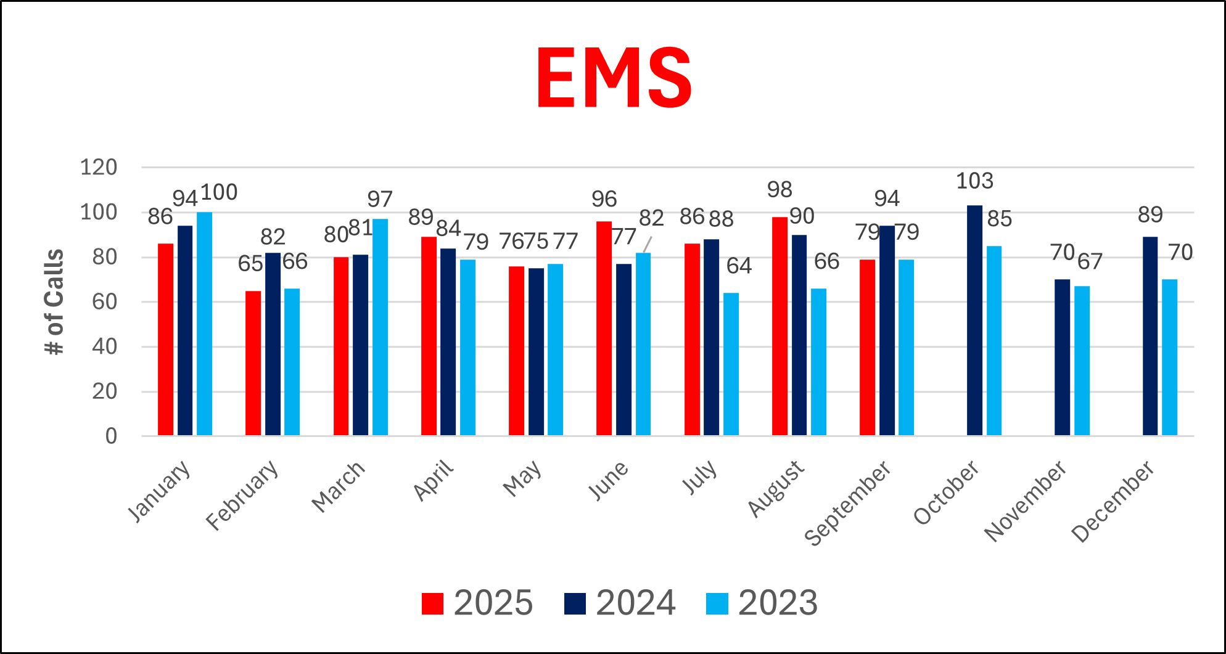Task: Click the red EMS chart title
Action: (614, 78)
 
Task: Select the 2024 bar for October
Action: (974, 321)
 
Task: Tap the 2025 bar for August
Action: (780, 327)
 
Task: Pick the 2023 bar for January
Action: (204, 324)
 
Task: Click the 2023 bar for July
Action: (731, 364)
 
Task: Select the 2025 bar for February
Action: (253, 364)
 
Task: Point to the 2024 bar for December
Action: (1150, 336)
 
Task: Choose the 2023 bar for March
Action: (380, 327)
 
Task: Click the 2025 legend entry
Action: (477, 603)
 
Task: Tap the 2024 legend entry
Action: (620, 603)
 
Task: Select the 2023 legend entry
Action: (762, 603)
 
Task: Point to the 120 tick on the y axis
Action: (99, 167)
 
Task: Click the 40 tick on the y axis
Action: (104, 346)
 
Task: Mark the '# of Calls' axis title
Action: (54, 301)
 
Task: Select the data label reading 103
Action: (974, 181)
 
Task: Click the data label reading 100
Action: (219, 192)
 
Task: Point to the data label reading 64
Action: (739, 266)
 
